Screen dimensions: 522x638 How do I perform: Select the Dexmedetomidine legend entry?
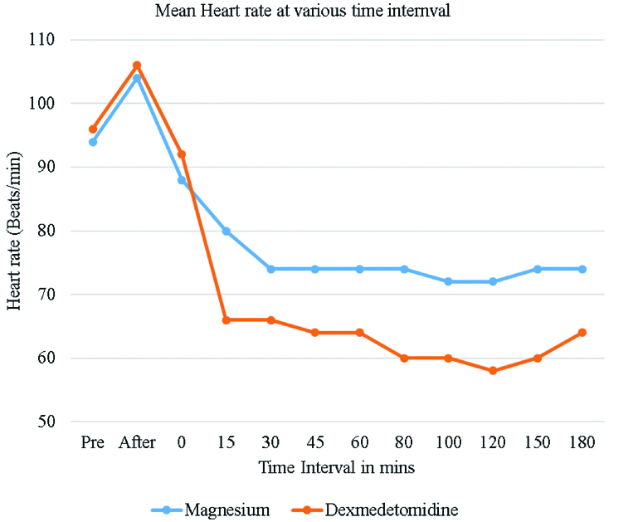(x=378, y=508)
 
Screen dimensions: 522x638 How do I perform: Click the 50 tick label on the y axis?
(x=45, y=422)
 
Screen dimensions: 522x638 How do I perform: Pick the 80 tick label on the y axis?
(x=45, y=231)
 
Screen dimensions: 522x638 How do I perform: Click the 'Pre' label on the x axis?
(x=93, y=442)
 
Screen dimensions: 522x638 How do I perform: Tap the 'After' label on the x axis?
(x=137, y=442)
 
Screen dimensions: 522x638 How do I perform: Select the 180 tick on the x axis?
(x=582, y=442)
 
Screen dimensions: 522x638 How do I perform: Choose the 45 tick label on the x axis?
(x=315, y=442)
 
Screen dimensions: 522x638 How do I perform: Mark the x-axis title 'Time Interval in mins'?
(x=336, y=467)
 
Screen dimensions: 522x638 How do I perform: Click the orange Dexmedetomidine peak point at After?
(x=137, y=66)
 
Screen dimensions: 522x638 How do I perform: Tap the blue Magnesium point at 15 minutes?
(x=226, y=231)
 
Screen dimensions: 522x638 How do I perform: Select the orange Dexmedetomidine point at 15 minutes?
(x=226, y=320)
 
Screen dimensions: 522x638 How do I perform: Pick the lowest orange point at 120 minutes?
(x=494, y=371)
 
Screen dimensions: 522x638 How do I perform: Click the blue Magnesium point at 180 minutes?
(x=582, y=269)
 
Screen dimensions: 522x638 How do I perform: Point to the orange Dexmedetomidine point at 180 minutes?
(x=582, y=333)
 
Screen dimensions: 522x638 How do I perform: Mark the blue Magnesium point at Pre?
(x=93, y=142)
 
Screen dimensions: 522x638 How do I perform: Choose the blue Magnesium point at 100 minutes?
(x=449, y=282)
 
